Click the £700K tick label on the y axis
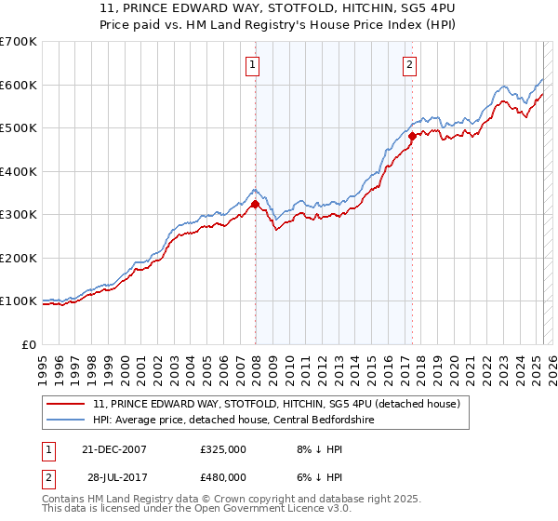(19, 42)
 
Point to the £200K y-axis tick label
(19, 258)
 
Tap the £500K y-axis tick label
(19, 128)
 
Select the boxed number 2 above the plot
(409, 65)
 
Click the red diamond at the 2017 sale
(412, 137)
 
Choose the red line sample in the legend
(67, 404)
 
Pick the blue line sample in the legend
(67, 420)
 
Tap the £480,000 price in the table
(222, 477)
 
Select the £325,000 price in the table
(222, 449)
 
